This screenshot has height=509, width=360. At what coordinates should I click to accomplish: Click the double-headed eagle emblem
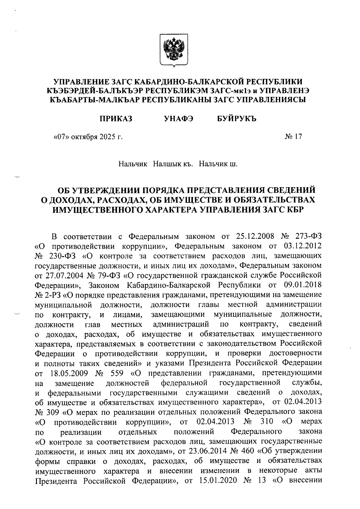click(173, 49)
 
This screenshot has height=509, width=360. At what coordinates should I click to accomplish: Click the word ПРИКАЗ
click(116, 119)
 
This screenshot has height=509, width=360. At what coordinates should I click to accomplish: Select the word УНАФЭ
click(178, 119)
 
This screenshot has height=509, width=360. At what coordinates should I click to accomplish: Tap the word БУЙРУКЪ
click(237, 119)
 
